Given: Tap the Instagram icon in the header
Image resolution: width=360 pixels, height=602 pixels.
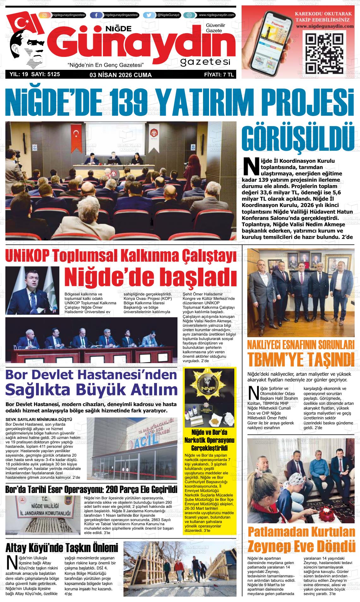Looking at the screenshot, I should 45,15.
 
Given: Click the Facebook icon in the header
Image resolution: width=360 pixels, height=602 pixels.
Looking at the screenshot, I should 96,15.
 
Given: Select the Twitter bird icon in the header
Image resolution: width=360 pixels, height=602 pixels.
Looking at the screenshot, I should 149,15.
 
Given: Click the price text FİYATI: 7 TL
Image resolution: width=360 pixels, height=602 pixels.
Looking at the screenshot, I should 219,75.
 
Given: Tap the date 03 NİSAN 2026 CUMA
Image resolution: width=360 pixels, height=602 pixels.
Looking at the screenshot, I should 121,75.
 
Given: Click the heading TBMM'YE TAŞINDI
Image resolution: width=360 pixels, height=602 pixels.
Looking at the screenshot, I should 300,360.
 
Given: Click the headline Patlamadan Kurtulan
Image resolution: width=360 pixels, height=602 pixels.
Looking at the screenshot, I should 301,532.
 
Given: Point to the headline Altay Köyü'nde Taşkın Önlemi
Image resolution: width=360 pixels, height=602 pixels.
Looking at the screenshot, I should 62,547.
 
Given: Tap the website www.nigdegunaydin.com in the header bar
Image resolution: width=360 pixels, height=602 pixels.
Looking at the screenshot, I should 217,15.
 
